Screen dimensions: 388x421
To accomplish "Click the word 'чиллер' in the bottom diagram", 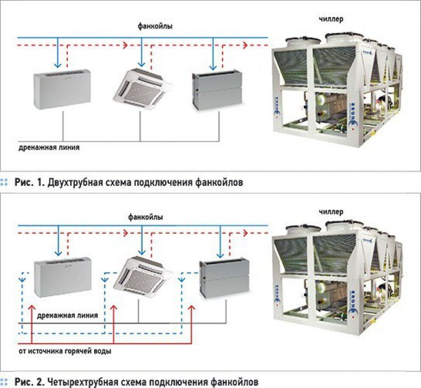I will tap(331, 212).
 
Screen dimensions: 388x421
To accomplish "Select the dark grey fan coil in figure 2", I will tap(220, 279).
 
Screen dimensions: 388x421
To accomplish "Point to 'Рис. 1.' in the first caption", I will tap(28, 182).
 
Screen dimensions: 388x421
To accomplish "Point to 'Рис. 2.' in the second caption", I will tap(28, 382).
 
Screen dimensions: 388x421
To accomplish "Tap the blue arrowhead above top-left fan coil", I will tap(58, 65).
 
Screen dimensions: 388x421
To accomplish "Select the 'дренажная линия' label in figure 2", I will tap(67, 316).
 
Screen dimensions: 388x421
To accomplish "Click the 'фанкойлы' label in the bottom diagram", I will tap(145, 217).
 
